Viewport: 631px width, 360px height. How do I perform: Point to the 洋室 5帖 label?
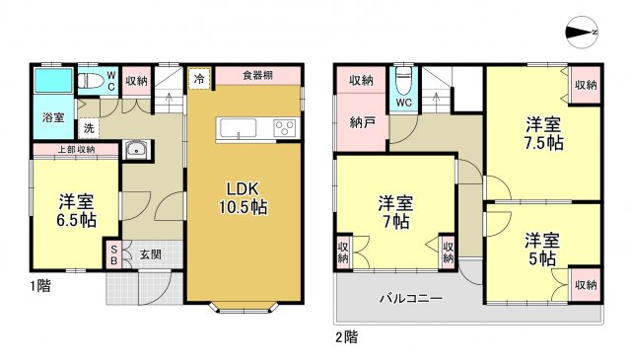[x=541, y=249]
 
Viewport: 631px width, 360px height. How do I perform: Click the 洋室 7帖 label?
[x=396, y=212]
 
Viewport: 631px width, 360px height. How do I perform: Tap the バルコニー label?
[x=411, y=297]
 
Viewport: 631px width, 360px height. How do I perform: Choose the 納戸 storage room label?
[x=361, y=125]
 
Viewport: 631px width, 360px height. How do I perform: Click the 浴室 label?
[x=53, y=117]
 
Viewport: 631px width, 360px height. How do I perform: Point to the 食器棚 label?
[x=257, y=76]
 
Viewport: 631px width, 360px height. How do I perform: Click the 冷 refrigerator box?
[x=199, y=77]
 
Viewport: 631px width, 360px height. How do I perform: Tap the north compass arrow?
[x=581, y=33]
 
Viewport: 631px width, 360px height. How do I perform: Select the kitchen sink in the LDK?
[x=238, y=129]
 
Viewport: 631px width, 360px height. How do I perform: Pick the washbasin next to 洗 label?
[x=136, y=150]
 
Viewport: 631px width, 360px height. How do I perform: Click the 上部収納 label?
[x=76, y=150]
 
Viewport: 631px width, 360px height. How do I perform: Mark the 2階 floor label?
[x=345, y=336]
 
